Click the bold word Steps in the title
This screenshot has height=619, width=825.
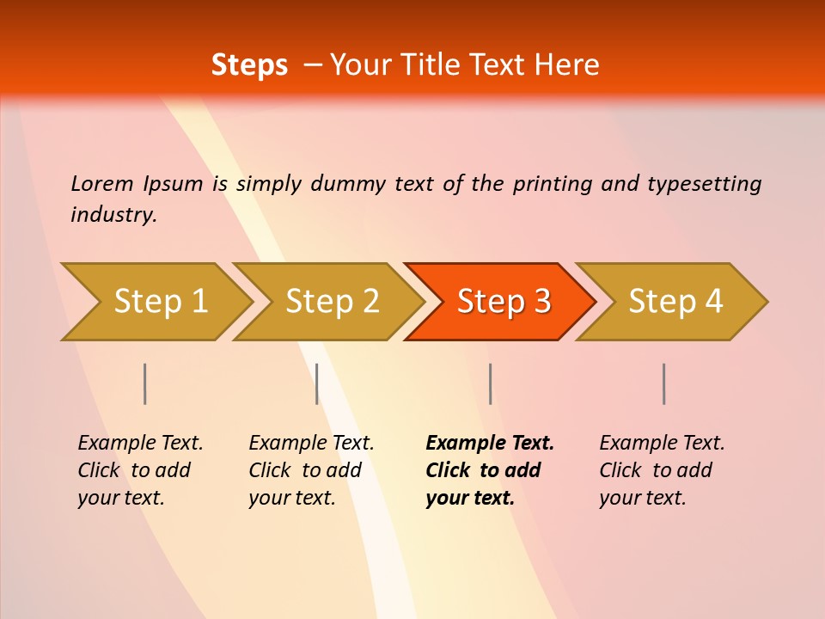click(249, 65)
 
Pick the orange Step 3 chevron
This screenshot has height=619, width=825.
click(501, 302)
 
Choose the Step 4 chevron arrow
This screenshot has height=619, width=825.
click(673, 302)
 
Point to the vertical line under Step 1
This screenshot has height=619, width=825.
click(145, 383)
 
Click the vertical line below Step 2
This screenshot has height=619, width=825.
click(317, 383)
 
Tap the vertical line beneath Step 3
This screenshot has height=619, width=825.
click(490, 383)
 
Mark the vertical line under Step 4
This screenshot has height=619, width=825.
click(664, 383)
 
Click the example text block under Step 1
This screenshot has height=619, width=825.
click(140, 470)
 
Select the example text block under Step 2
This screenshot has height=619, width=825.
click(311, 470)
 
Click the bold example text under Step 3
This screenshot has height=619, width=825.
click(490, 470)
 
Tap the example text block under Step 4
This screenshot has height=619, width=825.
click(662, 470)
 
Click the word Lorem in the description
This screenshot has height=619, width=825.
click(102, 184)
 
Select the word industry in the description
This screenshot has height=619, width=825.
click(113, 215)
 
